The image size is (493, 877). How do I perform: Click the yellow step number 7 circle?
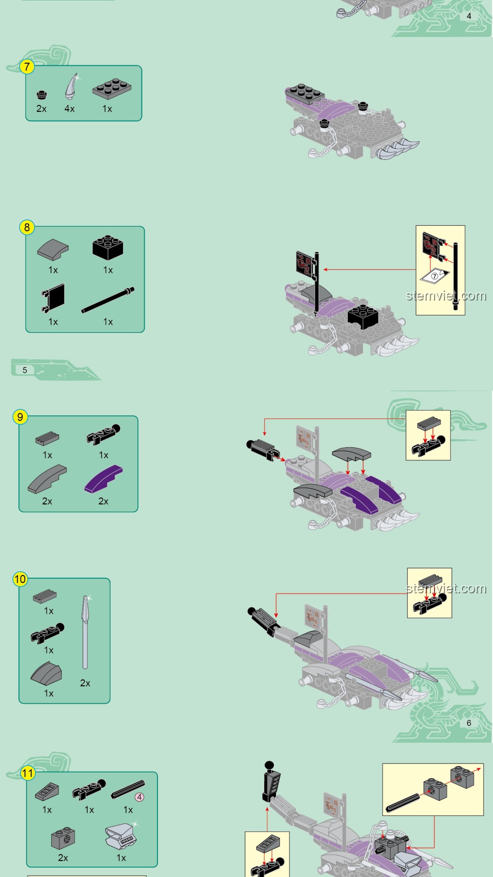click(x=27, y=67)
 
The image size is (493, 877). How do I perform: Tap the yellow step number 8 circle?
click(x=27, y=227)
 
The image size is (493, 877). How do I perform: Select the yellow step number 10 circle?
click(x=20, y=579)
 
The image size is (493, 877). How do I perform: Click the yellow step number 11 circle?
click(x=28, y=773)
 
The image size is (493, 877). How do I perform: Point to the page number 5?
click(x=25, y=370)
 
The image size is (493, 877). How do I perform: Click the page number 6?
click(x=469, y=723)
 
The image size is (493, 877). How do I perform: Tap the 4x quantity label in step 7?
click(x=69, y=109)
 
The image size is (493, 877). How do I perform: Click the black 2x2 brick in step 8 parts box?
click(x=108, y=248)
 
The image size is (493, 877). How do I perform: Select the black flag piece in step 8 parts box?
click(x=53, y=298)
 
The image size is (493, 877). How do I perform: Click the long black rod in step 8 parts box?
click(x=108, y=300)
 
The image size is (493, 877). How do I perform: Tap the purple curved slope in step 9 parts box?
click(x=104, y=479)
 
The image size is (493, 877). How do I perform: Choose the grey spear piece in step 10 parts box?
click(x=85, y=632)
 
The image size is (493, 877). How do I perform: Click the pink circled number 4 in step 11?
click(x=139, y=797)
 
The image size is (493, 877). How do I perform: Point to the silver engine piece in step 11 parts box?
click(x=121, y=836)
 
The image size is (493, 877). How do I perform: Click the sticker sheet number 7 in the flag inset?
click(x=435, y=276)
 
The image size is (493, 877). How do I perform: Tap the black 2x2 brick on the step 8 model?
click(x=363, y=316)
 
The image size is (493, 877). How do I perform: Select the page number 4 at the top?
click(x=469, y=16)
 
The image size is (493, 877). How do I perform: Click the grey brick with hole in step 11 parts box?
click(x=63, y=838)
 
